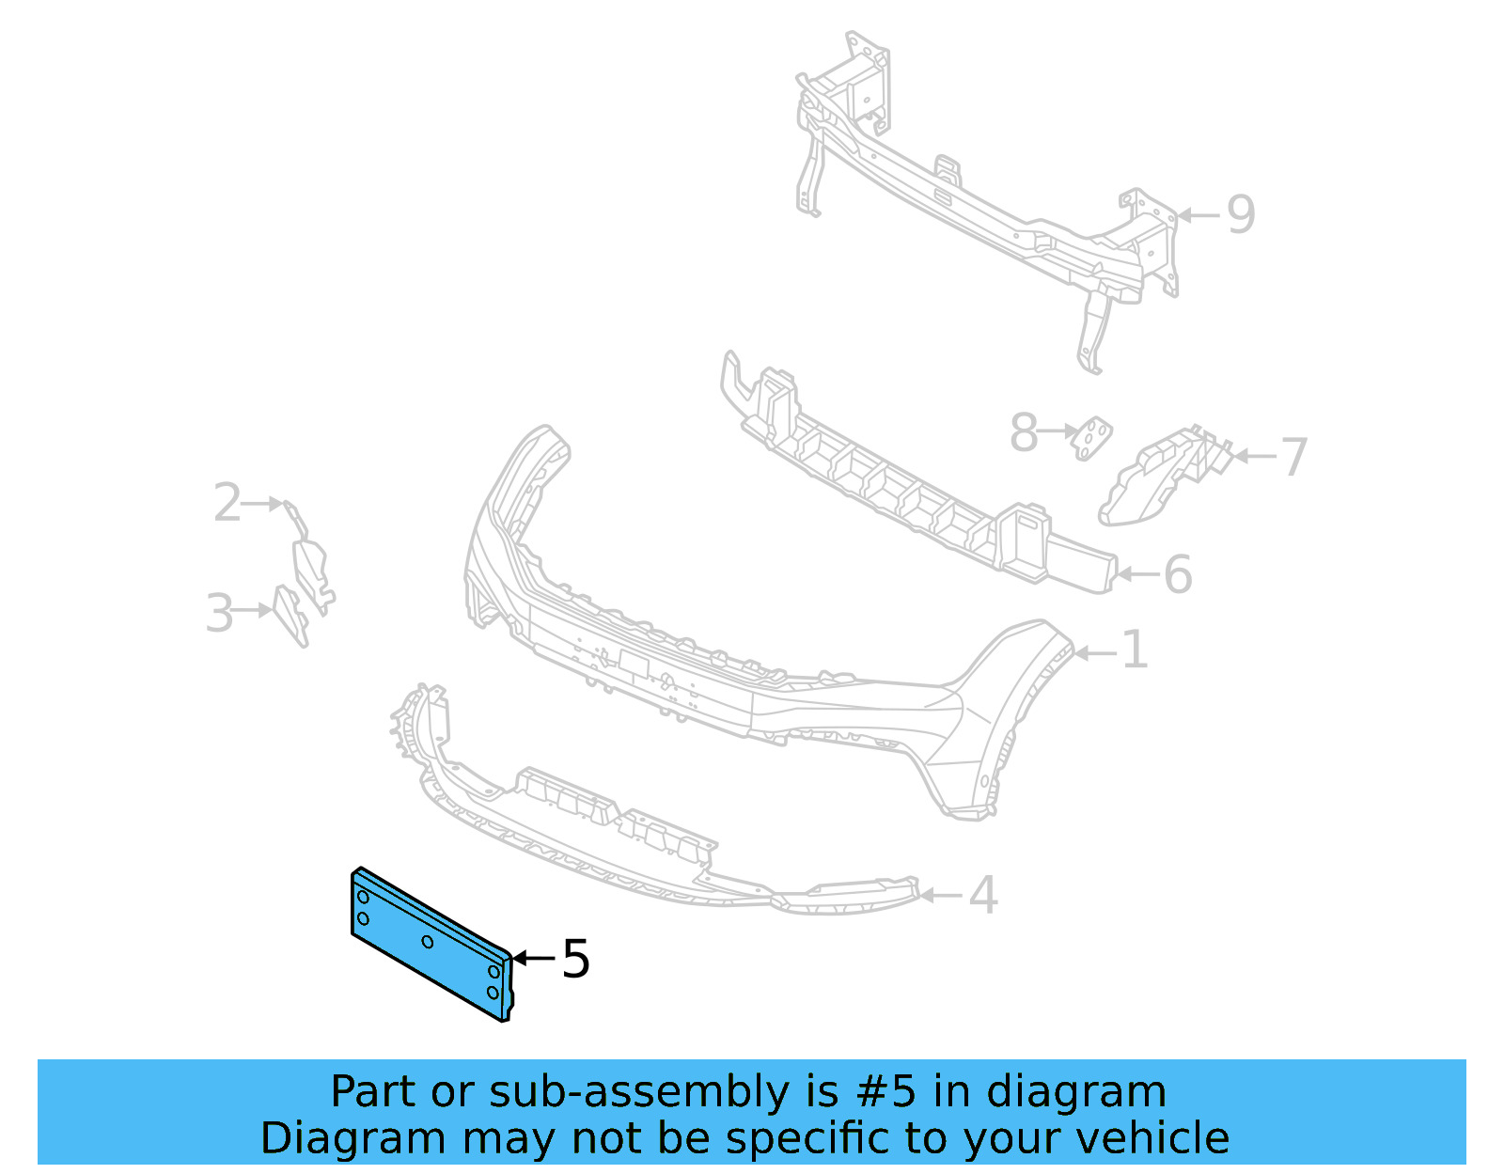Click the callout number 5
click(x=575, y=960)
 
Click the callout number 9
click(x=1241, y=215)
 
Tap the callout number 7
click(x=1294, y=457)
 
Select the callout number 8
click(x=1024, y=433)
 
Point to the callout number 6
click(x=1178, y=574)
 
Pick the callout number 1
click(x=1136, y=650)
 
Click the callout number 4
click(x=982, y=895)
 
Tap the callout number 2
click(x=227, y=503)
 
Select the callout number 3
click(x=219, y=613)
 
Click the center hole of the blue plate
click(x=428, y=942)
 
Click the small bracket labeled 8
click(x=1093, y=437)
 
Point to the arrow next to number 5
click(x=533, y=959)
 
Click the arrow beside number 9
click(x=1198, y=215)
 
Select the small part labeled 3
click(x=290, y=616)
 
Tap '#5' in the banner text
click(x=885, y=1092)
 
